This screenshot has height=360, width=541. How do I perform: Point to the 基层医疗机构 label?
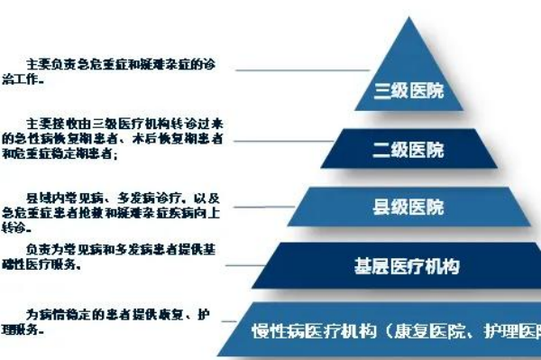click(x=407, y=266)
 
